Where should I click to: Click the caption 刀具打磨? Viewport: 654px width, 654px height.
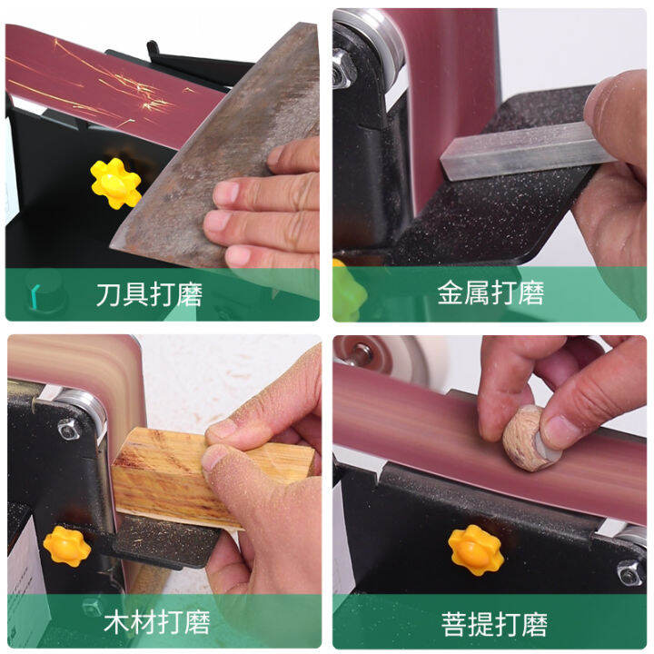coord(149,294)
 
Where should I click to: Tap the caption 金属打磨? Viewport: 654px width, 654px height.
coord(490,294)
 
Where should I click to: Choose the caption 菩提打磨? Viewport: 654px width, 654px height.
coord(495,624)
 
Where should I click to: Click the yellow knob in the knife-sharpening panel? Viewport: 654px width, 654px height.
coord(115,183)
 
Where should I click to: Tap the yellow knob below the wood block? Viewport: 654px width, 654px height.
coord(67,545)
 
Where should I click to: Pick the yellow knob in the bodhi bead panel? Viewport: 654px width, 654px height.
coord(475,549)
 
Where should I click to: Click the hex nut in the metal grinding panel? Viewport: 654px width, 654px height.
coord(343,68)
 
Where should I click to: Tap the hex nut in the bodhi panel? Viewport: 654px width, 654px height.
coord(629,571)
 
